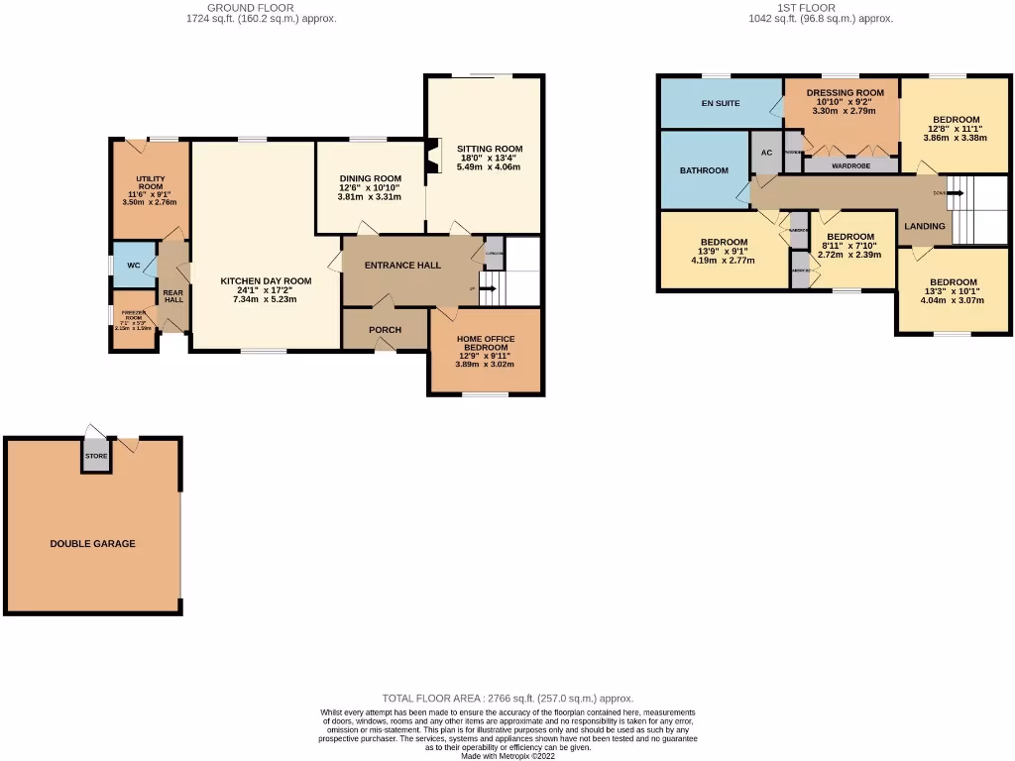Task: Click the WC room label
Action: pyautogui.click(x=133, y=266)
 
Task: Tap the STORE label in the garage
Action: pyautogui.click(x=96, y=457)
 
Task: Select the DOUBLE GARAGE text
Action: pyautogui.click(x=93, y=543)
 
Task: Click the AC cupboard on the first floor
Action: pyautogui.click(x=766, y=154)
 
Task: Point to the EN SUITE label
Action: pyautogui.click(x=721, y=103)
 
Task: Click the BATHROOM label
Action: pyautogui.click(x=704, y=170)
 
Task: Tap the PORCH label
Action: pyautogui.click(x=385, y=330)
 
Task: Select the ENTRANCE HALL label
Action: pyautogui.click(x=402, y=266)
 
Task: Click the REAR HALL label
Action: pyautogui.click(x=173, y=296)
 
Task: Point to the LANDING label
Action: pyautogui.click(x=925, y=226)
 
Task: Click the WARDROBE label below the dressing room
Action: pyautogui.click(x=850, y=165)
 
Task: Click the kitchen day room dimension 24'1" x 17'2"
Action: pyautogui.click(x=266, y=290)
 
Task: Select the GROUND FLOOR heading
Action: pyautogui.click(x=250, y=8)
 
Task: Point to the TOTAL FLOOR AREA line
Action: pyautogui.click(x=507, y=699)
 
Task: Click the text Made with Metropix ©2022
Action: pyautogui.click(x=507, y=755)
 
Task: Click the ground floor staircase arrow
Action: pyautogui.click(x=486, y=289)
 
